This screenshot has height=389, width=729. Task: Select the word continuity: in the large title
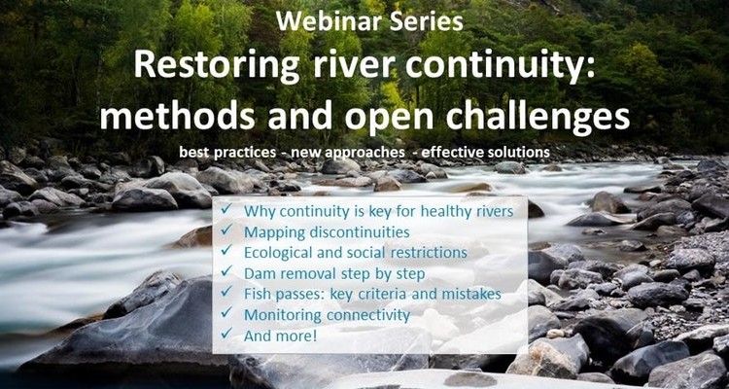[501, 65]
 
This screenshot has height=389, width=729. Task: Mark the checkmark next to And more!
[226, 333]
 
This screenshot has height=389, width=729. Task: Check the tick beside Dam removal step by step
[226, 270]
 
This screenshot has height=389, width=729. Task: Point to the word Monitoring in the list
[283, 315]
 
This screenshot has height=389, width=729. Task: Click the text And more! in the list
[280, 336]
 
